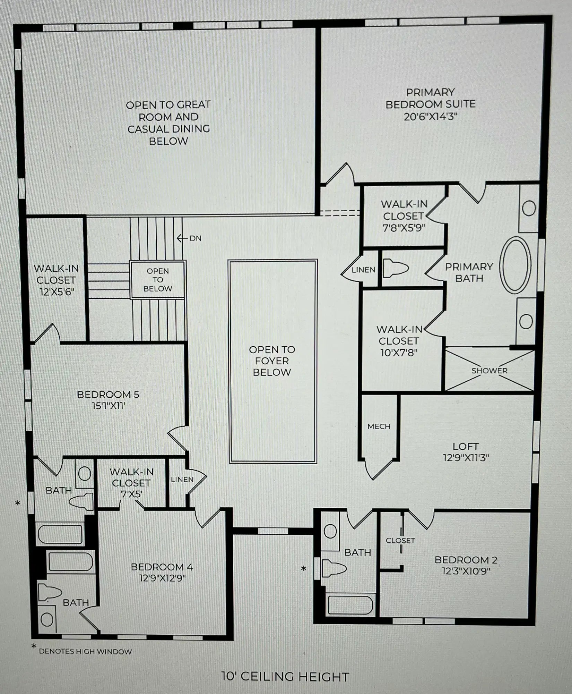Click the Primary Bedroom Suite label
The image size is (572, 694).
click(430, 104)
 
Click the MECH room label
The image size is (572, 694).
click(379, 426)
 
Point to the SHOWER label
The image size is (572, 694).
click(489, 371)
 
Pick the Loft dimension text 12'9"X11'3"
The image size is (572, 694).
click(466, 458)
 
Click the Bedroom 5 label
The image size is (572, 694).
click(108, 395)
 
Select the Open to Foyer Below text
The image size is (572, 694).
click(272, 361)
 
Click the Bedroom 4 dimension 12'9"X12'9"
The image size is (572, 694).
click(162, 578)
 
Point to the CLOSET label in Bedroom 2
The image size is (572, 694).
click(400, 540)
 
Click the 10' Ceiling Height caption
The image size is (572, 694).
click(285, 676)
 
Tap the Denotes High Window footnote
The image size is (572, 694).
click(85, 651)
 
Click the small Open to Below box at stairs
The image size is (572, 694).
click(158, 279)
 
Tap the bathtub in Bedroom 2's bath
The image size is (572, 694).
click(350, 605)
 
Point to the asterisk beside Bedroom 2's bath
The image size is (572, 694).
click(304, 568)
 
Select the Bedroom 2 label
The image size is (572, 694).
click(466, 560)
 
